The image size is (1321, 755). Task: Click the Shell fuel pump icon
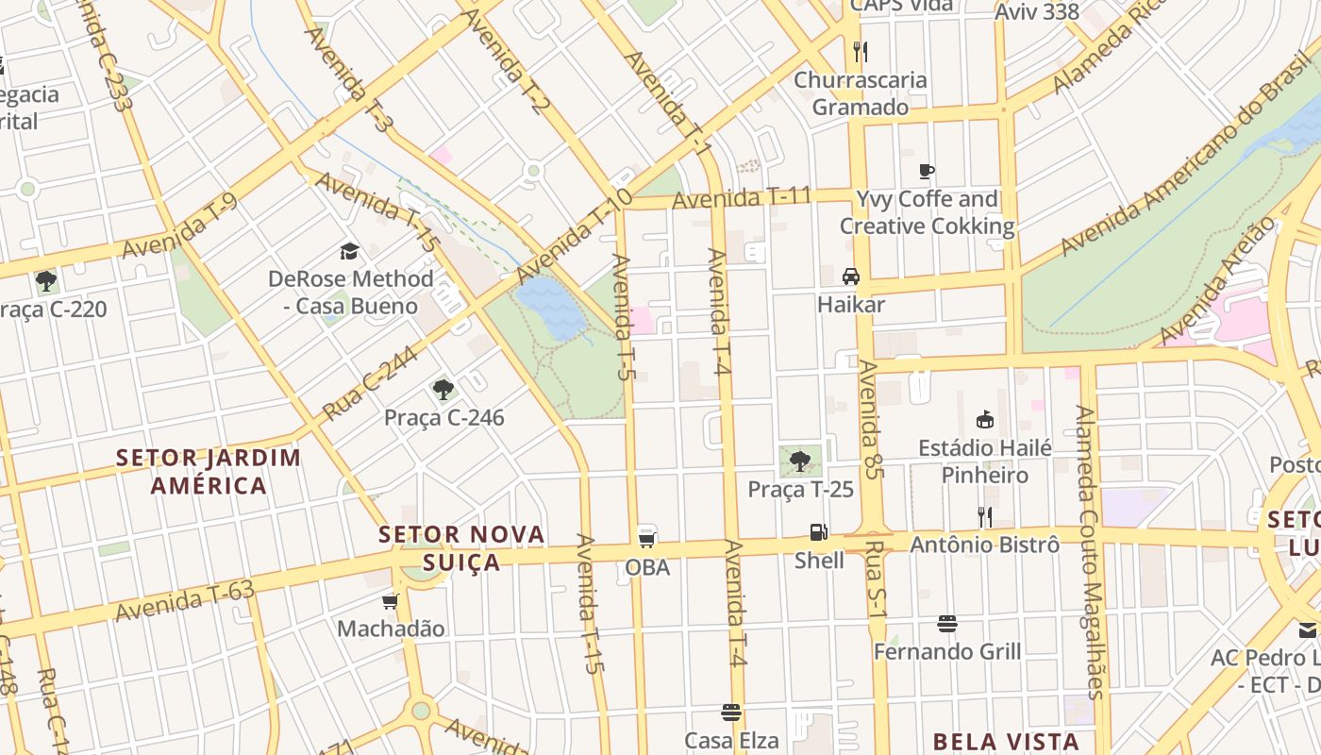tap(818, 532)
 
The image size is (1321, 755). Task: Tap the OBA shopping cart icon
tap(647, 539)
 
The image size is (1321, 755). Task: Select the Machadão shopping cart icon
tap(391, 601)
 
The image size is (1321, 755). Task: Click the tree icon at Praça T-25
tap(800, 461)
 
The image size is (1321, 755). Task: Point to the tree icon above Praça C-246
tap(443, 389)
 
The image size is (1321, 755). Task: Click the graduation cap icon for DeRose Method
tap(350, 251)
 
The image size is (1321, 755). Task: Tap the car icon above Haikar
tap(851, 277)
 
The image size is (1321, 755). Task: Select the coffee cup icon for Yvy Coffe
tap(927, 171)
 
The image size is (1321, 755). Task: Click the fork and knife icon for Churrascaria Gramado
tap(860, 51)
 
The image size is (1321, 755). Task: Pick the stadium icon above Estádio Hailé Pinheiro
tap(985, 420)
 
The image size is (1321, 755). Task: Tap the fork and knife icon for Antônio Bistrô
tap(984, 516)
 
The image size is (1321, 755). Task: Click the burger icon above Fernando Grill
tap(947, 624)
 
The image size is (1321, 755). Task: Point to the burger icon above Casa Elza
tap(731, 712)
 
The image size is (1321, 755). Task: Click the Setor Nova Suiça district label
tap(461, 547)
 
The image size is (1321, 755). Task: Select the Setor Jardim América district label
tap(209, 472)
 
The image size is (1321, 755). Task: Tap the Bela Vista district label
tap(1006, 741)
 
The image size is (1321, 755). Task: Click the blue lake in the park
tap(552, 307)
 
